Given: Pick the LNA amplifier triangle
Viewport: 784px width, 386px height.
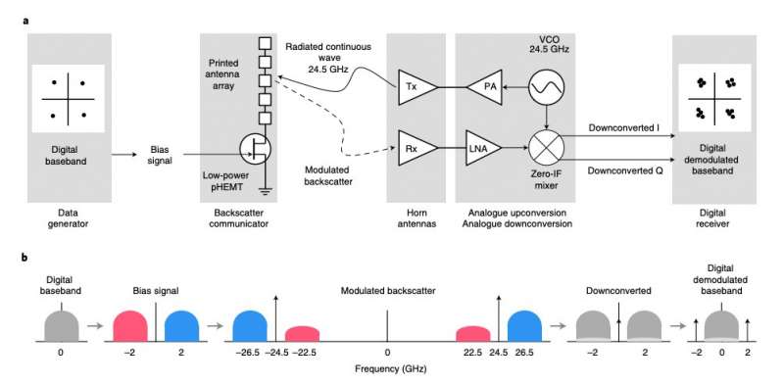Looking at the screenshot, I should point(481,148).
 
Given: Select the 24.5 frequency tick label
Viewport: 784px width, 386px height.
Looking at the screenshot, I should point(499,351).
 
